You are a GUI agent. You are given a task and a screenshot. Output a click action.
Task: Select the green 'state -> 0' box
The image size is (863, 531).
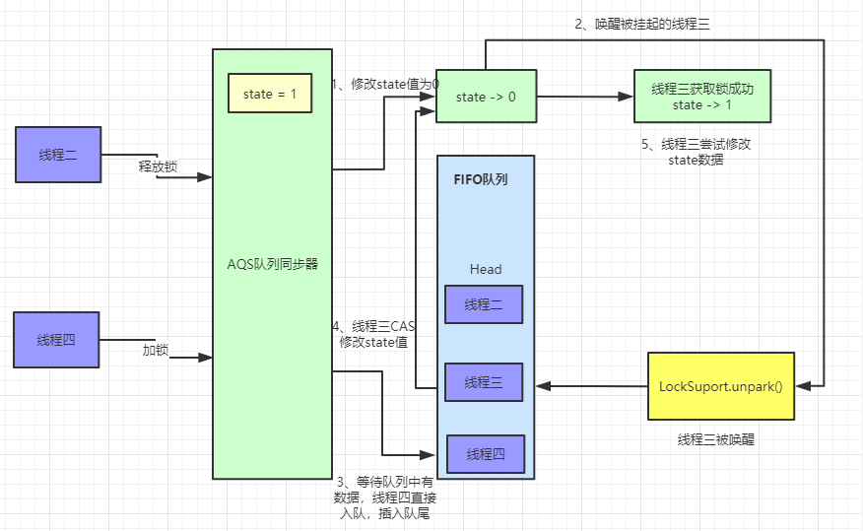point(486,97)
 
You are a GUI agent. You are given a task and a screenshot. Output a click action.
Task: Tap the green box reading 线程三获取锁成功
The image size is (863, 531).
point(701,97)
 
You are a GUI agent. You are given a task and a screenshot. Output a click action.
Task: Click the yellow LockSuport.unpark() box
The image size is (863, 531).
point(720,385)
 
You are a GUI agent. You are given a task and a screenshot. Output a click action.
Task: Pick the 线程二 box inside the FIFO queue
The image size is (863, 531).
point(483,304)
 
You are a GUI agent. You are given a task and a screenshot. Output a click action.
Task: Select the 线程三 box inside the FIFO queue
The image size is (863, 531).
point(483,382)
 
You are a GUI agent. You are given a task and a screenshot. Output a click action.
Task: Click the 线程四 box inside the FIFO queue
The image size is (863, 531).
point(486,453)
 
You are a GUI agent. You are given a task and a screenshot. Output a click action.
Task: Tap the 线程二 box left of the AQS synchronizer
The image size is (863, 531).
point(58,155)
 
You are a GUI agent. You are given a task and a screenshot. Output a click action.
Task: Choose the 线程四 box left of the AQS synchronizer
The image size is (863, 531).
point(56,340)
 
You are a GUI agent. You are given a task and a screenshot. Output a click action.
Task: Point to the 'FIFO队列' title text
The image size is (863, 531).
point(480,180)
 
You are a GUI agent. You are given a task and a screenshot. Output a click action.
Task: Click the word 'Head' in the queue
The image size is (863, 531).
point(485,269)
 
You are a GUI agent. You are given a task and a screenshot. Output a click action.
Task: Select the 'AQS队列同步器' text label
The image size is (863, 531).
point(273,264)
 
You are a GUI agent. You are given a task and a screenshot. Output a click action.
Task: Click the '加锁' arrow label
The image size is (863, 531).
point(157,349)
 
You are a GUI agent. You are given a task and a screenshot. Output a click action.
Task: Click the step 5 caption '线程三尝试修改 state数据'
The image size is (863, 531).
point(696,151)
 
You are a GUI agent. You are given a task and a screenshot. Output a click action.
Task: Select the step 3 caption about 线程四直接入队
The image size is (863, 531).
point(384,497)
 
